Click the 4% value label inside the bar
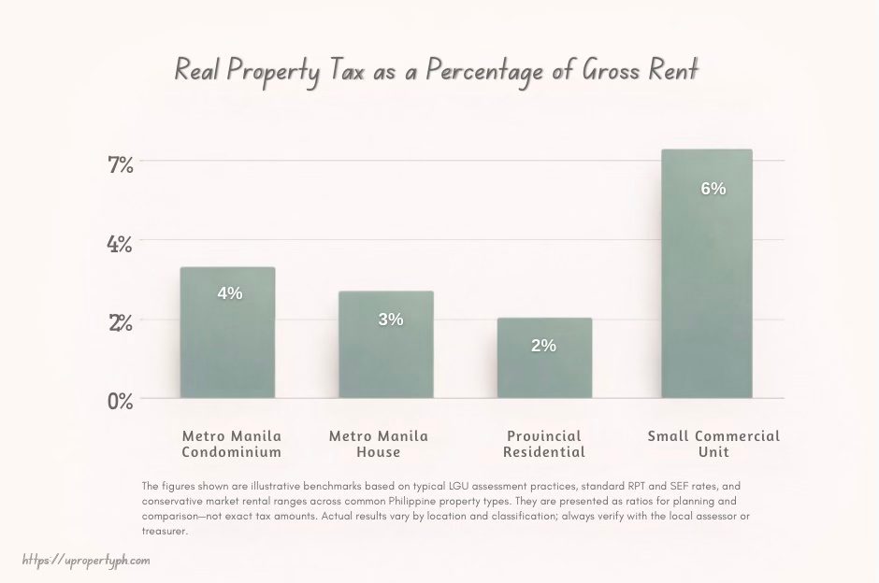pos(229,293)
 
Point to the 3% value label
pos(391,320)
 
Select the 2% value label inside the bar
pos(543,346)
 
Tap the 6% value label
pos(713,189)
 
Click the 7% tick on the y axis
pos(122,164)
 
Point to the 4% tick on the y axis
pos(122,244)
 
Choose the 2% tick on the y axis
pos(122,323)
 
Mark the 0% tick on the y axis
pos(122,402)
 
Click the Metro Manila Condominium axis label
pos(231,444)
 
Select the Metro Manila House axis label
pos(379,444)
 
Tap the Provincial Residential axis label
pos(544,444)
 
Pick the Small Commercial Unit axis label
pos(713,444)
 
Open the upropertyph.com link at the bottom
pos(86,561)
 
